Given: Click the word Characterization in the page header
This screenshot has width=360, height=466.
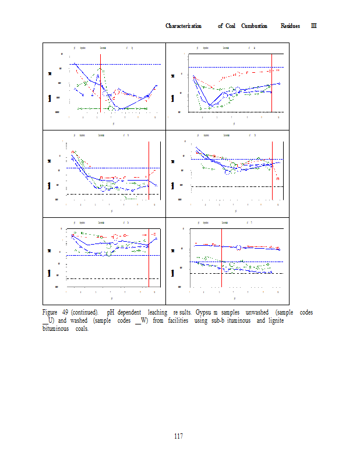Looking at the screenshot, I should pyautogui.click(x=183, y=26).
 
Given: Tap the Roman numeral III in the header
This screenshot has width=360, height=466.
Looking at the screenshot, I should pyautogui.click(x=313, y=26).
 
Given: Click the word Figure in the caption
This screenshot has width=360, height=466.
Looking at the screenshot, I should pyautogui.click(x=51, y=312).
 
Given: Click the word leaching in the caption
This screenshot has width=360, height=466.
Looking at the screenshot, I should pyautogui.click(x=158, y=312).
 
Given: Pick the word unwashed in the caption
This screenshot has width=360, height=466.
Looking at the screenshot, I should pyautogui.click(x=257, y=312).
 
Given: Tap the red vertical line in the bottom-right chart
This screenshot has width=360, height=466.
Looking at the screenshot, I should pyautogui.click(x=221, y=256).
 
